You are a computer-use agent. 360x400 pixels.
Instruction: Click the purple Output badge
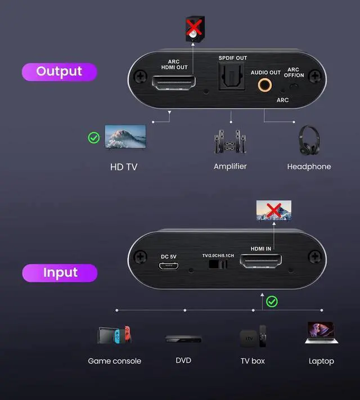(59, 71)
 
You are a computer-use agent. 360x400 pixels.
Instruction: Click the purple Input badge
(59, 273)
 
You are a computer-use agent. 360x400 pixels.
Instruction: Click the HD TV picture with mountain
(125, 136)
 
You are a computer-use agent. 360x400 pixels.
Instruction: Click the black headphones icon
(309, 140)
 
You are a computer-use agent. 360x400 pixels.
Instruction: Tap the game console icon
(114, 335)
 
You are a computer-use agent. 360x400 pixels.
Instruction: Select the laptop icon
(321, 333)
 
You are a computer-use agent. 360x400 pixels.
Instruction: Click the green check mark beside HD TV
(94, 137)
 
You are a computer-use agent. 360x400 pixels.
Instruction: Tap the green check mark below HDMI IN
(272, 302)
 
